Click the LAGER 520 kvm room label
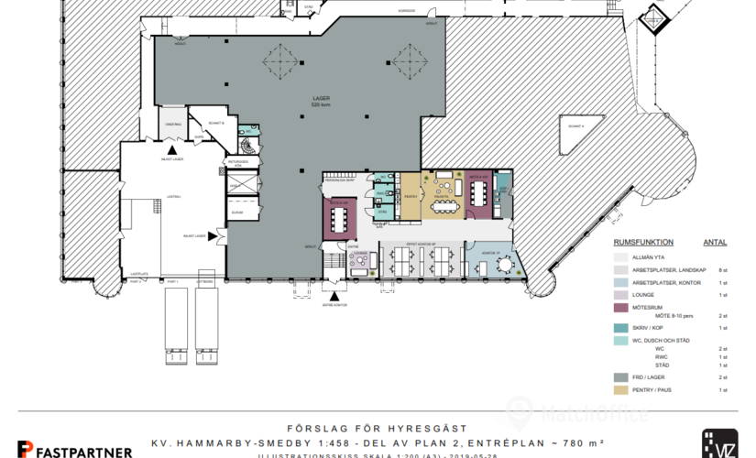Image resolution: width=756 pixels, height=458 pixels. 321,101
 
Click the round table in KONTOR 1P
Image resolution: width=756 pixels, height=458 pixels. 503,264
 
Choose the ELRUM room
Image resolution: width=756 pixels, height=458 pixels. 237,212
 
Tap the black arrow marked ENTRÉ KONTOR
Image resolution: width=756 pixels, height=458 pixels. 336,298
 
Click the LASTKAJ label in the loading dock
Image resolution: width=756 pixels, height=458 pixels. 139,272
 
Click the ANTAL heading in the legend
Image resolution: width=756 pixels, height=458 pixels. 715,243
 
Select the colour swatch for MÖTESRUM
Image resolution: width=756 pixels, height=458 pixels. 621,308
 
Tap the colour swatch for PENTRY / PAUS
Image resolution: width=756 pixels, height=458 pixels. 621,390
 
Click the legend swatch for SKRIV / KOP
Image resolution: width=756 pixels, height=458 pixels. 621,327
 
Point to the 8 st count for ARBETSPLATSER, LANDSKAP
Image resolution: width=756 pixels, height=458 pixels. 722,271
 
